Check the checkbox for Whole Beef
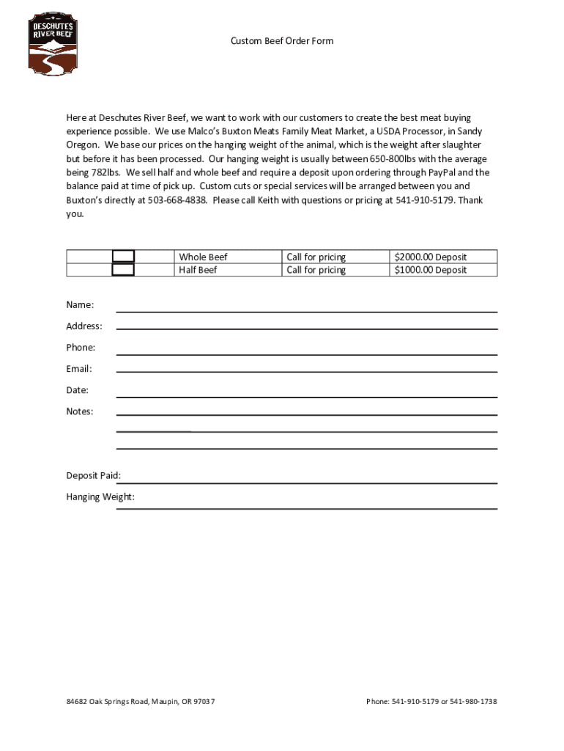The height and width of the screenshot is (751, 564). coord(123,257)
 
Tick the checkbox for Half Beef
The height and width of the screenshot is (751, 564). coord(123,270)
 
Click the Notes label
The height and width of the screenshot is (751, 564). coord(80,411)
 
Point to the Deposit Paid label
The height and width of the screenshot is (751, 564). coord(94,476)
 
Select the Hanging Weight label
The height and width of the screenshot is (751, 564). coord(100,497)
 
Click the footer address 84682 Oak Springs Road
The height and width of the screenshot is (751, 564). coord(141,702)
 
